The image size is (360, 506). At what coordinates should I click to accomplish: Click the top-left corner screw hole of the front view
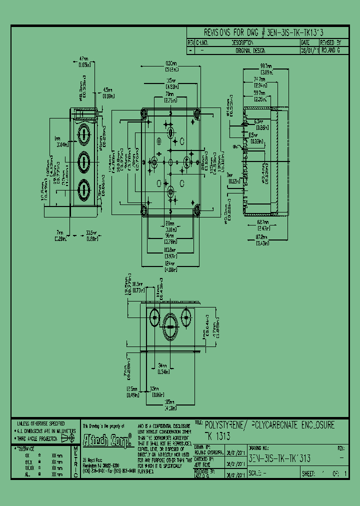click(145, 114)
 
